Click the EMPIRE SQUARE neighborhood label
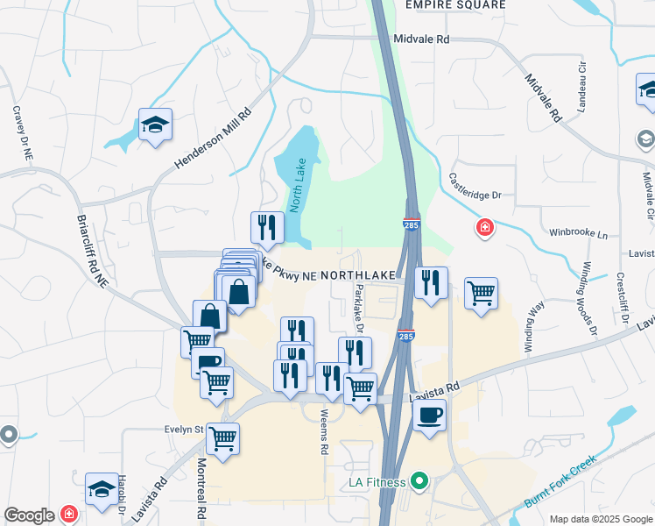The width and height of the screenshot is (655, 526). click(455, 5)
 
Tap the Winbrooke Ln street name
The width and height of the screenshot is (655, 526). click(577, 234)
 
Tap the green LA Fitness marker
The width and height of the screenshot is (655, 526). click(419, 481)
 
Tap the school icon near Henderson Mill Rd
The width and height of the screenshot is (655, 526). click(155, 124)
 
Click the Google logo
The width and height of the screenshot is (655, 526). click(30, 515)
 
